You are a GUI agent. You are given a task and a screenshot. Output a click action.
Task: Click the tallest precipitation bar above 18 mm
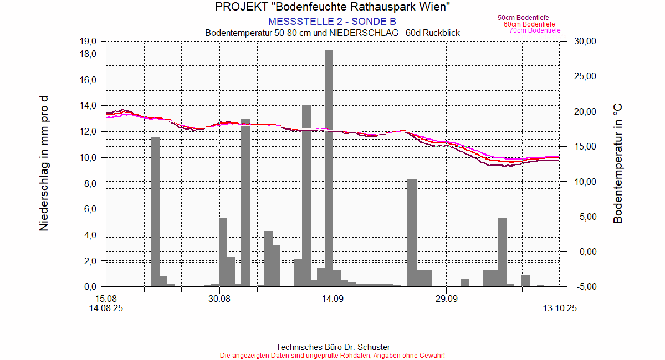[x=329, y=166]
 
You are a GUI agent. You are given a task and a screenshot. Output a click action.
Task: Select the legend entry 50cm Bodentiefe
[x=523, y=18]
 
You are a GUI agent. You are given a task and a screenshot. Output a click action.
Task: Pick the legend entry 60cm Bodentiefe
[x=529, y=24]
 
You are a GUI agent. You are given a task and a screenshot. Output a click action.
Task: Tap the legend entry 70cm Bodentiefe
[x=535, y=30]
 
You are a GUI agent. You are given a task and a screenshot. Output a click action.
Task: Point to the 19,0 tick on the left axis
[x=89, y=41]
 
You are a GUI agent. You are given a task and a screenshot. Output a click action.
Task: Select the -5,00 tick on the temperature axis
[x=585, y=286]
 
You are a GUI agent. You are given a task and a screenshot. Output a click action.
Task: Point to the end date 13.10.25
[x=559, y=308]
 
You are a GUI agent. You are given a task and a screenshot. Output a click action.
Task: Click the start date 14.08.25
[x=106, y=308]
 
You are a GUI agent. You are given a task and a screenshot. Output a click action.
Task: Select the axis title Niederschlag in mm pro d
[x=44, y=164]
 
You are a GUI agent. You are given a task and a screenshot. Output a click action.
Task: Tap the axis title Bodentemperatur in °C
[x=618, y=164]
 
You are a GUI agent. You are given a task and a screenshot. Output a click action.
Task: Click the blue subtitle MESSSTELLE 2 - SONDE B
[x=332, y=22]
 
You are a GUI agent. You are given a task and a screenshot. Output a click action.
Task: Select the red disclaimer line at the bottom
[x=332, y=355]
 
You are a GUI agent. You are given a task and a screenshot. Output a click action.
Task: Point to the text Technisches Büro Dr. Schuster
[x=332, y=347]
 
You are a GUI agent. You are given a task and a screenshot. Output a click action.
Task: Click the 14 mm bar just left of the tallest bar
[x=306, y=194]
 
